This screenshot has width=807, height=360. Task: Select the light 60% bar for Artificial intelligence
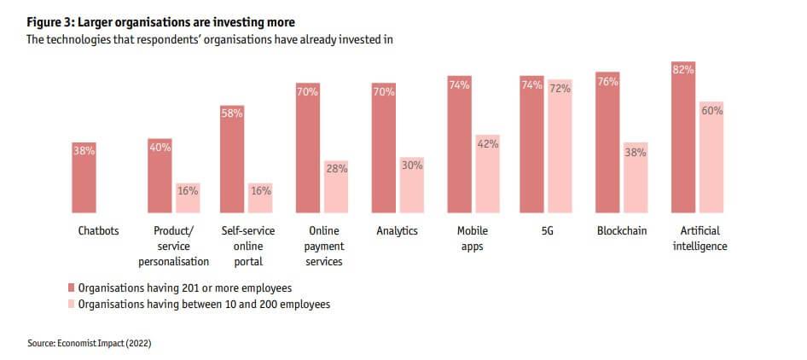(x=711, y=157)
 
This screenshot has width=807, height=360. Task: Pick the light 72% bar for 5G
(x=560, y=146)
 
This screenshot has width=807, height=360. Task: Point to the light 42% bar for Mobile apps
(x=488, y=174)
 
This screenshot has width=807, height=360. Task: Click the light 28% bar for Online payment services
(x=336, y=186)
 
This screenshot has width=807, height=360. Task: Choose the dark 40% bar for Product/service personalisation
(x=160, y=176)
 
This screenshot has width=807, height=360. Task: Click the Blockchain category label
(x=622, y=231)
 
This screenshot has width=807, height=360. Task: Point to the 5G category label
(x=547, y=231)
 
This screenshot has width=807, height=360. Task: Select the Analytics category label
(x=397, y=231)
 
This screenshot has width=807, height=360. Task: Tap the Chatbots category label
(x=98, y=231)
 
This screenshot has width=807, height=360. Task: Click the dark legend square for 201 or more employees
(x=72, y=288)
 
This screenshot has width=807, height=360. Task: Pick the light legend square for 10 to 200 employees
(x=72, y=304)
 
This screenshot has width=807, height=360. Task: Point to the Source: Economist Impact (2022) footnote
(x=90, y=343)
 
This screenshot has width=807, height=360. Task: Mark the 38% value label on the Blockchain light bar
(x=636, y=153)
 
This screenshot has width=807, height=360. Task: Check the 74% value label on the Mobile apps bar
(x=460, y=84)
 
